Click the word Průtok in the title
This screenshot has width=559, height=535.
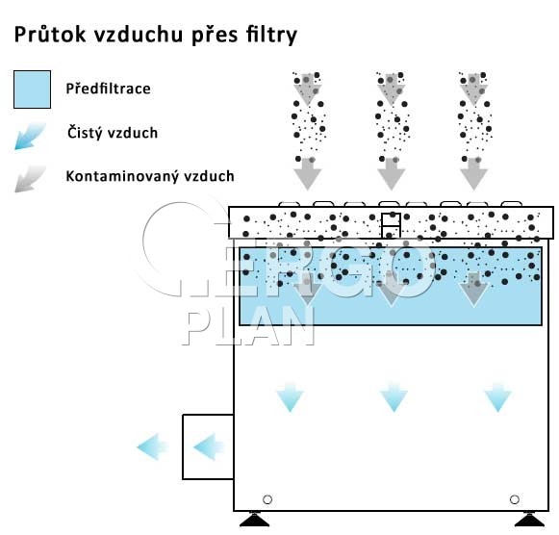(50, 35)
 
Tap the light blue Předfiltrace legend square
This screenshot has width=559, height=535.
(32, 89)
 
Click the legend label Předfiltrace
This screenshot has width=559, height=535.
(108, 89)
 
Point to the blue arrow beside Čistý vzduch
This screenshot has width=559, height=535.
(30, 136)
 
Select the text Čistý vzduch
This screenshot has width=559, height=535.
(113, 132)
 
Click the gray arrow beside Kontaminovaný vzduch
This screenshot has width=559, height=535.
(30, 179)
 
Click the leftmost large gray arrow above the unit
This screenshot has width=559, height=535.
(307, 173)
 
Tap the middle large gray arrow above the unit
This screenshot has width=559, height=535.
(391, 173)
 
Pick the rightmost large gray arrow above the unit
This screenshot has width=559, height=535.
(473, 173)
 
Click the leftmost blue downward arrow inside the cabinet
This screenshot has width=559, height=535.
(290, 397)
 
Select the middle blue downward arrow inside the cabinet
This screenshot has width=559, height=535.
(394, 397)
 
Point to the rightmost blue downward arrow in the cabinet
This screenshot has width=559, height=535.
(497, 397)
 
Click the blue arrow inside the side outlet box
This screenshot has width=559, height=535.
(209, 446)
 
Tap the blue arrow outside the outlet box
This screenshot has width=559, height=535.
(153, 446)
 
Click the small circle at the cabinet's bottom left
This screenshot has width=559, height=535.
(267, 499)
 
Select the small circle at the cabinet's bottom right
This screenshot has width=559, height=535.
(515, 499)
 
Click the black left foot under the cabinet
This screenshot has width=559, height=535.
(255, 520)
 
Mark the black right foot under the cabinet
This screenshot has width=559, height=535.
(530, 520)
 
